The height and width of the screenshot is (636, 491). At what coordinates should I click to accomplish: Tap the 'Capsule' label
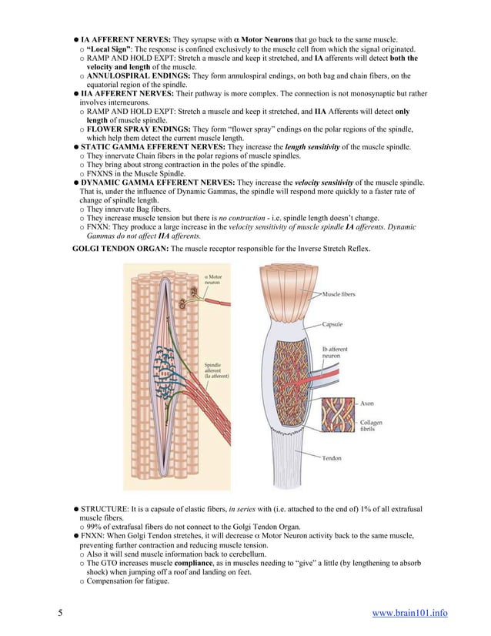click(333, 324)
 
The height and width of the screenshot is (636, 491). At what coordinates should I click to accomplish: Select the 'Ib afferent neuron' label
click(335, 353)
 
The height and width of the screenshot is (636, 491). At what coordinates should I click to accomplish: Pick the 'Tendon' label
click(332, 458)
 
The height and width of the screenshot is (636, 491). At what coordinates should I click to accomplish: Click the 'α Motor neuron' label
click(213, 279)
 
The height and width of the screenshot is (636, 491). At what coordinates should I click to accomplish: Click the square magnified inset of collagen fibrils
click(338, 417)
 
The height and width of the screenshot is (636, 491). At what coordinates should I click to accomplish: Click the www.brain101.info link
click(409, 613)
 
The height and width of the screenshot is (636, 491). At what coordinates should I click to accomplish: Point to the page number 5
click(59, 613)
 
